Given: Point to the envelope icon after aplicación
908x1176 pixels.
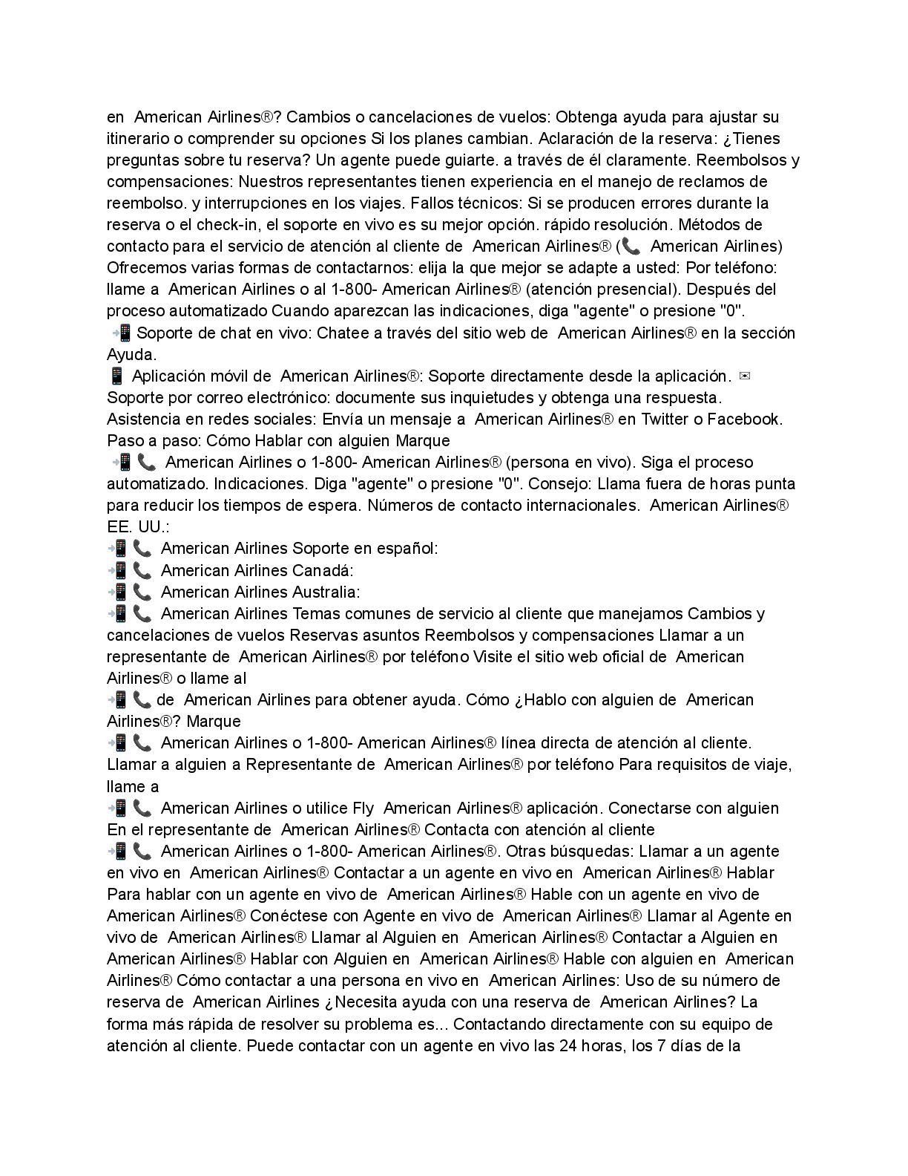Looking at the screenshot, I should coord(746,376).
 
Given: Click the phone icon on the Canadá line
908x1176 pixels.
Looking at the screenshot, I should coord(143,570).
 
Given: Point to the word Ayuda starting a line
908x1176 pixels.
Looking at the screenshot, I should coord(131,354).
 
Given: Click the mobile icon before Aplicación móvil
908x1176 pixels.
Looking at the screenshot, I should coord(116,376).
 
